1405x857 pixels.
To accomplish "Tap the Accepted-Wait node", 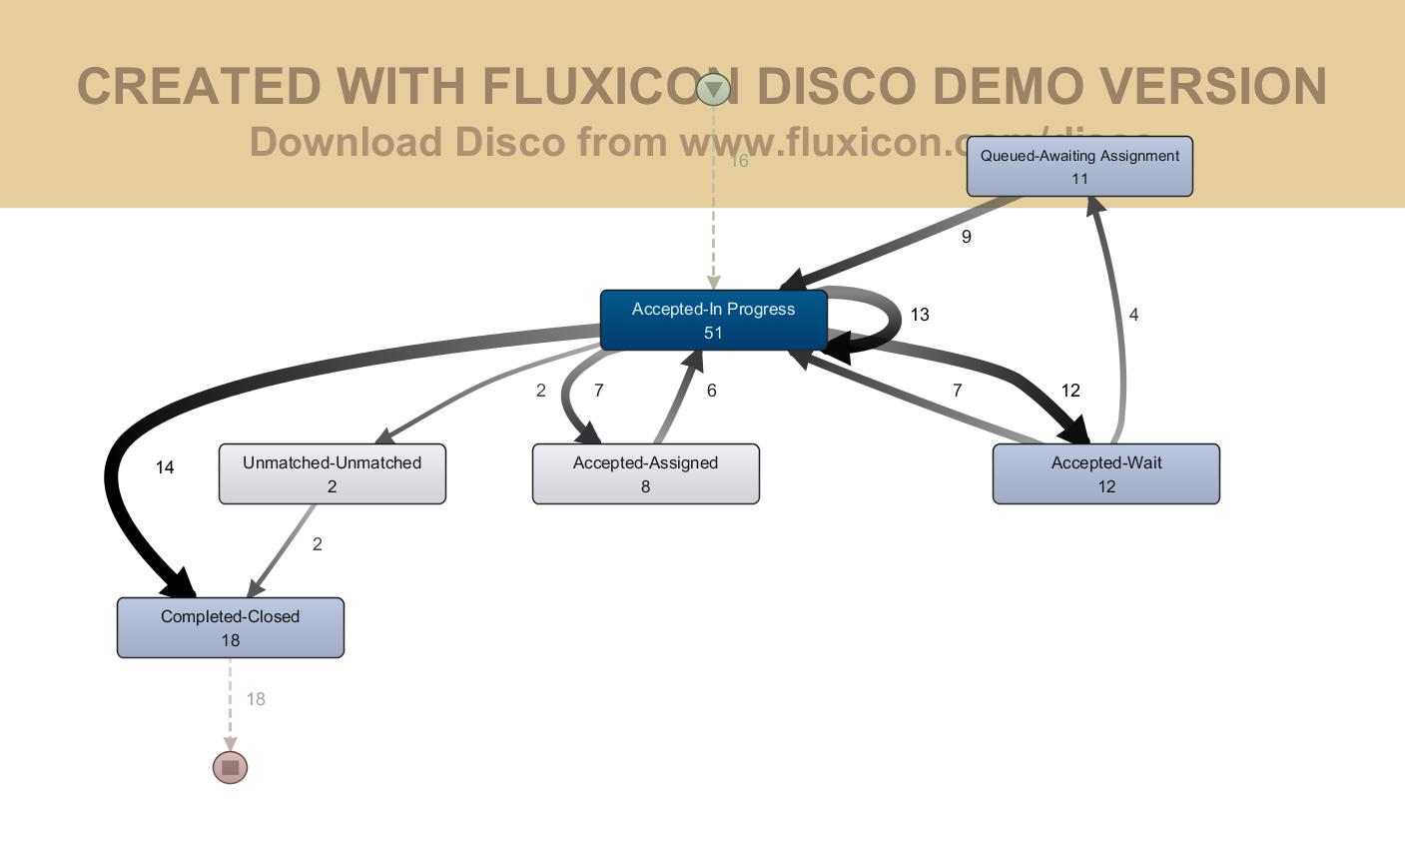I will pos(1105,473).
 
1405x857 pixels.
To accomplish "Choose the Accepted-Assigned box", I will pos(645,473).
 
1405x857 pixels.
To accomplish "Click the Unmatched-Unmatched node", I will pos(332,473).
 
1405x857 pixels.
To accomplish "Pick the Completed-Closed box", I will pos(230,627).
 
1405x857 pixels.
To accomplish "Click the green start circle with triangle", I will pos(713,89).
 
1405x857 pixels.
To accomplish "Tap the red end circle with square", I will pos(231,767).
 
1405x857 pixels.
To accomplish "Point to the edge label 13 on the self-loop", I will pos(920,315).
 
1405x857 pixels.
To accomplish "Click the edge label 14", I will pos(165,467).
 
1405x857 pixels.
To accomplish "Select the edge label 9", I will pos(966,237).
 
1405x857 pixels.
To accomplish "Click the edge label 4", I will pos(1133,315).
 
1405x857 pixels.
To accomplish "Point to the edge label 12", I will pos(1070,391).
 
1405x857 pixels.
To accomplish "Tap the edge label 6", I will pos(711,391).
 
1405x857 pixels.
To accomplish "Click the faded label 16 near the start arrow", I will pos(739,161).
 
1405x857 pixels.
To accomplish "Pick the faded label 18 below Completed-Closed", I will pos(256,699).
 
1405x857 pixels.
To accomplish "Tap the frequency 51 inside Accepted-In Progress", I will pos(713,334).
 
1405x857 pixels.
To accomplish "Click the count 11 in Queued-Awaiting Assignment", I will pos(1079,179).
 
